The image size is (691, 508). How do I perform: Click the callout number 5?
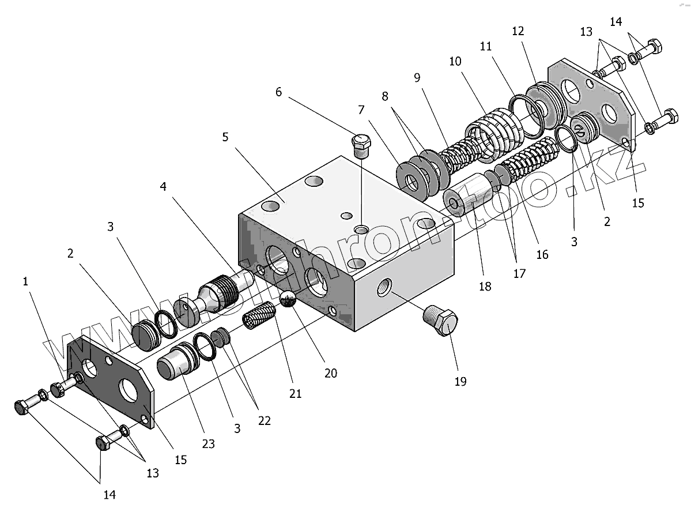225,137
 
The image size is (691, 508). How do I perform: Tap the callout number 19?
460,381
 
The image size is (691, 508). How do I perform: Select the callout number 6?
279,92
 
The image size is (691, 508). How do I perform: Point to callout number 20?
330,373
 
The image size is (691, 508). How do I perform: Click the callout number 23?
208,443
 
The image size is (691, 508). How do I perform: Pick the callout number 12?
518,31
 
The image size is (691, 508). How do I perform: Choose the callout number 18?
485,285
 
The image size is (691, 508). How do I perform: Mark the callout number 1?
25,281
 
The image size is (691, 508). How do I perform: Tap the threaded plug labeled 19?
443,322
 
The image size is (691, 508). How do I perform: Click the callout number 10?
455,61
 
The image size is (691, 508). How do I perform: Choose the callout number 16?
542,254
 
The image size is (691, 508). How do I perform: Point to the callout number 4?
163,186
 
